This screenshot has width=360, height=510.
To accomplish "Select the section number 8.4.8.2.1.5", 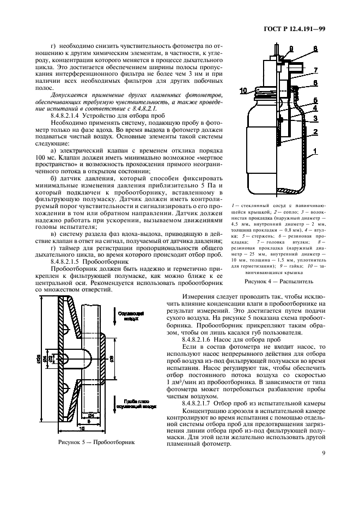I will pyautogui.click(x=69, y=262).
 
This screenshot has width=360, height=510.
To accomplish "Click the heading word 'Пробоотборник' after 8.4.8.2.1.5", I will pyautogui.click(x=112, y=262).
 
